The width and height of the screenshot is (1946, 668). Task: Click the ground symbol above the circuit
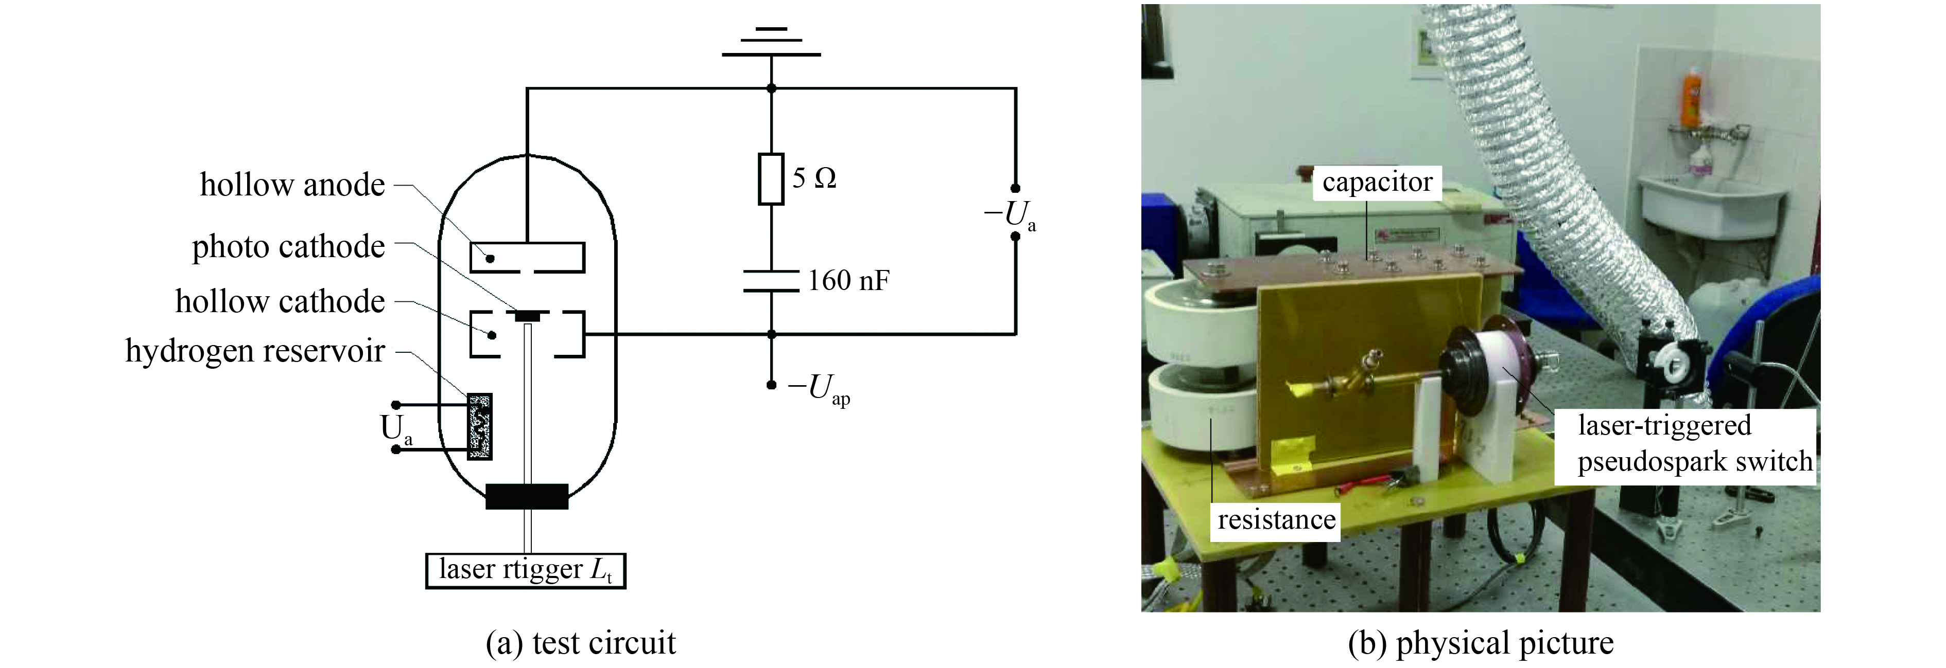[x=771, y=44]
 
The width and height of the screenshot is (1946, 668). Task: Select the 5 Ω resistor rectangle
[x=771, y=179]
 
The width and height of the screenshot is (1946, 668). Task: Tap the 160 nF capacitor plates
[x=771, y=281]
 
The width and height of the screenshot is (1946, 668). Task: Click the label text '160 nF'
[x=848, y=281]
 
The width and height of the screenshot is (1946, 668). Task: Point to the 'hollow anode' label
[x=292, y=185]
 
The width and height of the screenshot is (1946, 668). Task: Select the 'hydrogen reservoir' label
[x=255, y=351]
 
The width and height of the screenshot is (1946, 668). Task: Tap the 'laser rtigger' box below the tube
[x=526, y=570]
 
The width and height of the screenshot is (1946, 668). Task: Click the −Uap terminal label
[x=819, y=389]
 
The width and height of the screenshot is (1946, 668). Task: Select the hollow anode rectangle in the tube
[x=527, y=257]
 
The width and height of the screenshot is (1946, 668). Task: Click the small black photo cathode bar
[x=527, y=315]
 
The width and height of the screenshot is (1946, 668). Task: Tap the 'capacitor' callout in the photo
[x=1377, y=183]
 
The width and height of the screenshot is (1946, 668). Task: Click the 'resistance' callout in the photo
[x=1276, y=520]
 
